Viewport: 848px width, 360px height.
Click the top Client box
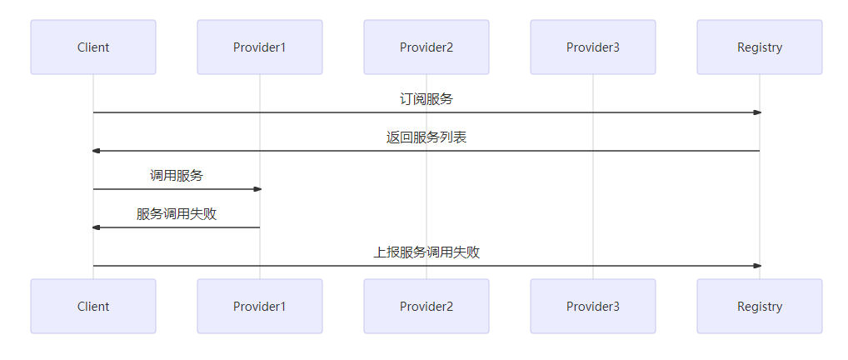point(93,47)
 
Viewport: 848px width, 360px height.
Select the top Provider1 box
point(260,47)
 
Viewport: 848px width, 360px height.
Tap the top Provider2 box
point(426,47)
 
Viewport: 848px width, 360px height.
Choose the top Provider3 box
point(593,47)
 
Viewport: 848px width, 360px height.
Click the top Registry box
point(760,47)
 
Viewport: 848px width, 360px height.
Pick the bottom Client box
point(93,307)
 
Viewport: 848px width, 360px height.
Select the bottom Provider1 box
point(260,307)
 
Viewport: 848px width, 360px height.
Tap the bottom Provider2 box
point(426,307)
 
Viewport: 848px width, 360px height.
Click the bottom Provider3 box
point(593,307)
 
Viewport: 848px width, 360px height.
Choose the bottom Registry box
point(760,307)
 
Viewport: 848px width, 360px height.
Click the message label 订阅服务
point(426,99)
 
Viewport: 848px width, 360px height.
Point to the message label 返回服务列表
point(426,137)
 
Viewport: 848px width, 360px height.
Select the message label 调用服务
point(177,176)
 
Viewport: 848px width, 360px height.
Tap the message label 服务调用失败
point(177,214)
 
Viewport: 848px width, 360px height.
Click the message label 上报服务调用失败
point(426,252)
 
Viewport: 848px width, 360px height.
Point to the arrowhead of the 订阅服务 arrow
point(756,112)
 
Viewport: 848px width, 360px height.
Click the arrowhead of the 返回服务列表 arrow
point(97,151)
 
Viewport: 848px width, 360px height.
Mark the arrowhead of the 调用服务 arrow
point(257,189)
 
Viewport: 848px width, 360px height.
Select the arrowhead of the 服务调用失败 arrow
point(97,227)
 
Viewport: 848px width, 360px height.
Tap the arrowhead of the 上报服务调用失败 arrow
point(756,266)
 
